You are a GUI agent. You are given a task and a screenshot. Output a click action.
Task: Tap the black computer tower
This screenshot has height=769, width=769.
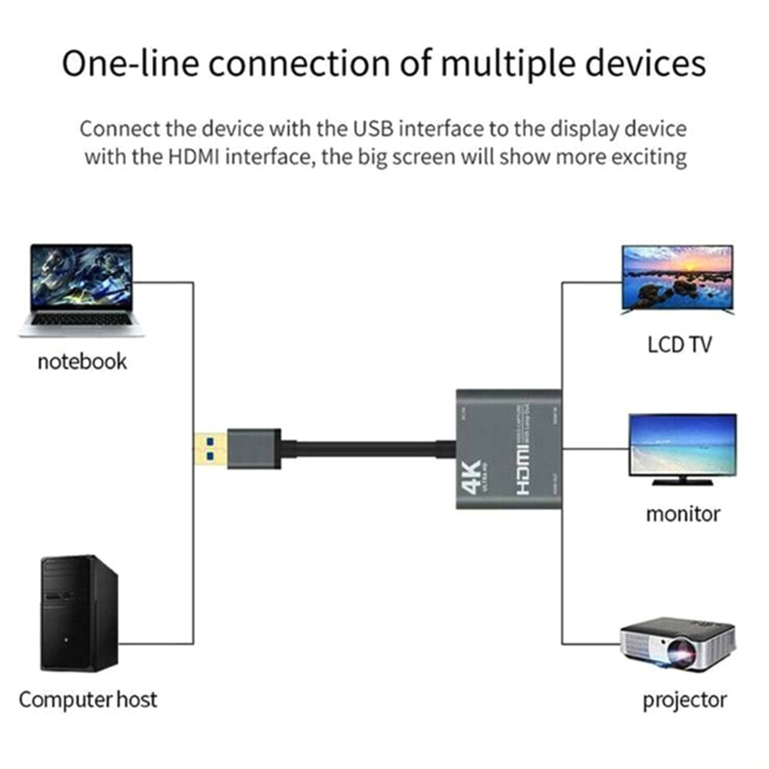(x=79, y=613)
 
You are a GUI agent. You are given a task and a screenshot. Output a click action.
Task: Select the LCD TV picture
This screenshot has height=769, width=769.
(x=677, y=279)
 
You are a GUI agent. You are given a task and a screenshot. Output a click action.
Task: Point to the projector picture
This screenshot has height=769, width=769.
(x=678, y=644)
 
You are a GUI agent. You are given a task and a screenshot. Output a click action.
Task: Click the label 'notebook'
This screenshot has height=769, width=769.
(x=82, y=362)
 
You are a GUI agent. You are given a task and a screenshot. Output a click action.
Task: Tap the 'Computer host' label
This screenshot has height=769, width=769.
(x=87, y=700)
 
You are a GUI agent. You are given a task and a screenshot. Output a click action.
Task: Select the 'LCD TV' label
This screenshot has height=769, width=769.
(x=679, y=345)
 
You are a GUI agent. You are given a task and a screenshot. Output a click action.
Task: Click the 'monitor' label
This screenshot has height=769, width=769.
(x=682, y=514)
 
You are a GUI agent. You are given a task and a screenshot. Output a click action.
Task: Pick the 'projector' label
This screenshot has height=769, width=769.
(x=684, y=700)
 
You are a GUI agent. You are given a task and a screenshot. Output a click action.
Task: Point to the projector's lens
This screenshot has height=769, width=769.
(x=683, y=654)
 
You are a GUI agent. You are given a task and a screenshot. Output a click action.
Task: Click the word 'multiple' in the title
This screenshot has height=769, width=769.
(x=507, y=63)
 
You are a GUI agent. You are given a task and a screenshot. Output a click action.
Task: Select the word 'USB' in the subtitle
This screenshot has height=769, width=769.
(x=373, y=129)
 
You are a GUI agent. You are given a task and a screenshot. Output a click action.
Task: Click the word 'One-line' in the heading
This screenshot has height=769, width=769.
(x=130, y=63)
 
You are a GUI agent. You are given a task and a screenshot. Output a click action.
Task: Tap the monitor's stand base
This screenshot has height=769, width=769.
(x=682, y=481)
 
